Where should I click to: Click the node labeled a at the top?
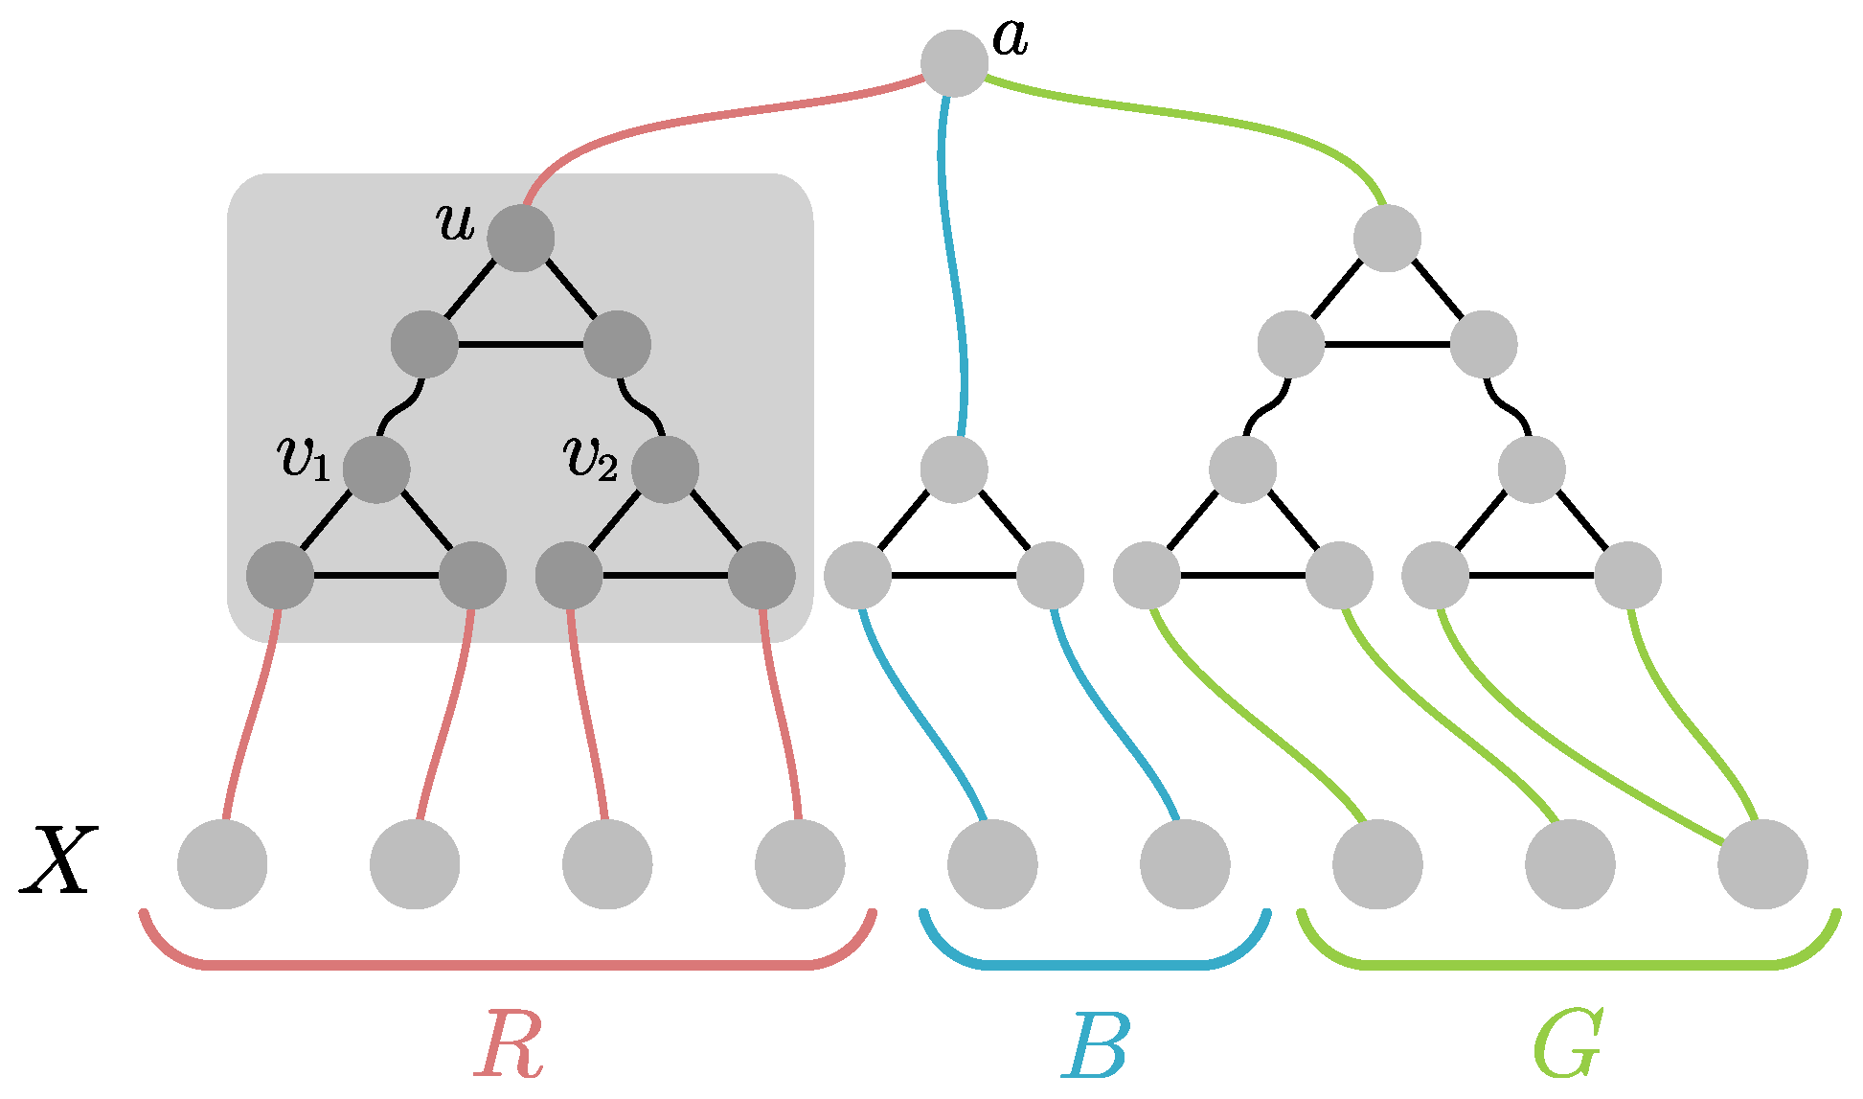tap(954, 63)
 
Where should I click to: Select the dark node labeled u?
tap(521, 238)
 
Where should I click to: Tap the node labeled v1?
tap(376, 469)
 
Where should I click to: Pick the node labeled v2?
tap(665, 469)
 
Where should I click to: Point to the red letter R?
tap(509, 1043)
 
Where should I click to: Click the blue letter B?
tap(1095, 1045)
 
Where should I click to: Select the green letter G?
tap(1567, 1045)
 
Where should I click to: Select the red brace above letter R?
tap(508, 965)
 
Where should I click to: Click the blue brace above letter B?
tap(1095, 965)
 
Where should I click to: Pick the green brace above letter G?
tap(1567, 965)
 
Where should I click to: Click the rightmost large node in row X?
tap(1762, 864)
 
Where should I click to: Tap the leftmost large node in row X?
tap(222, 864)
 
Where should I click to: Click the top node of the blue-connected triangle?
tap(954, 469)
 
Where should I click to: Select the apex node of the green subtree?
tap(1387, 238)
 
